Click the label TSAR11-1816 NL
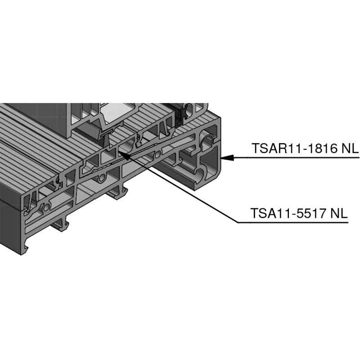click(x=305, y=148)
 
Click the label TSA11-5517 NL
click(x=299, y=213)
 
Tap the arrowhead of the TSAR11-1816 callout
click(x=227, y=158)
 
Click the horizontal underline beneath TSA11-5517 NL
click(x=293, y=222)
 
